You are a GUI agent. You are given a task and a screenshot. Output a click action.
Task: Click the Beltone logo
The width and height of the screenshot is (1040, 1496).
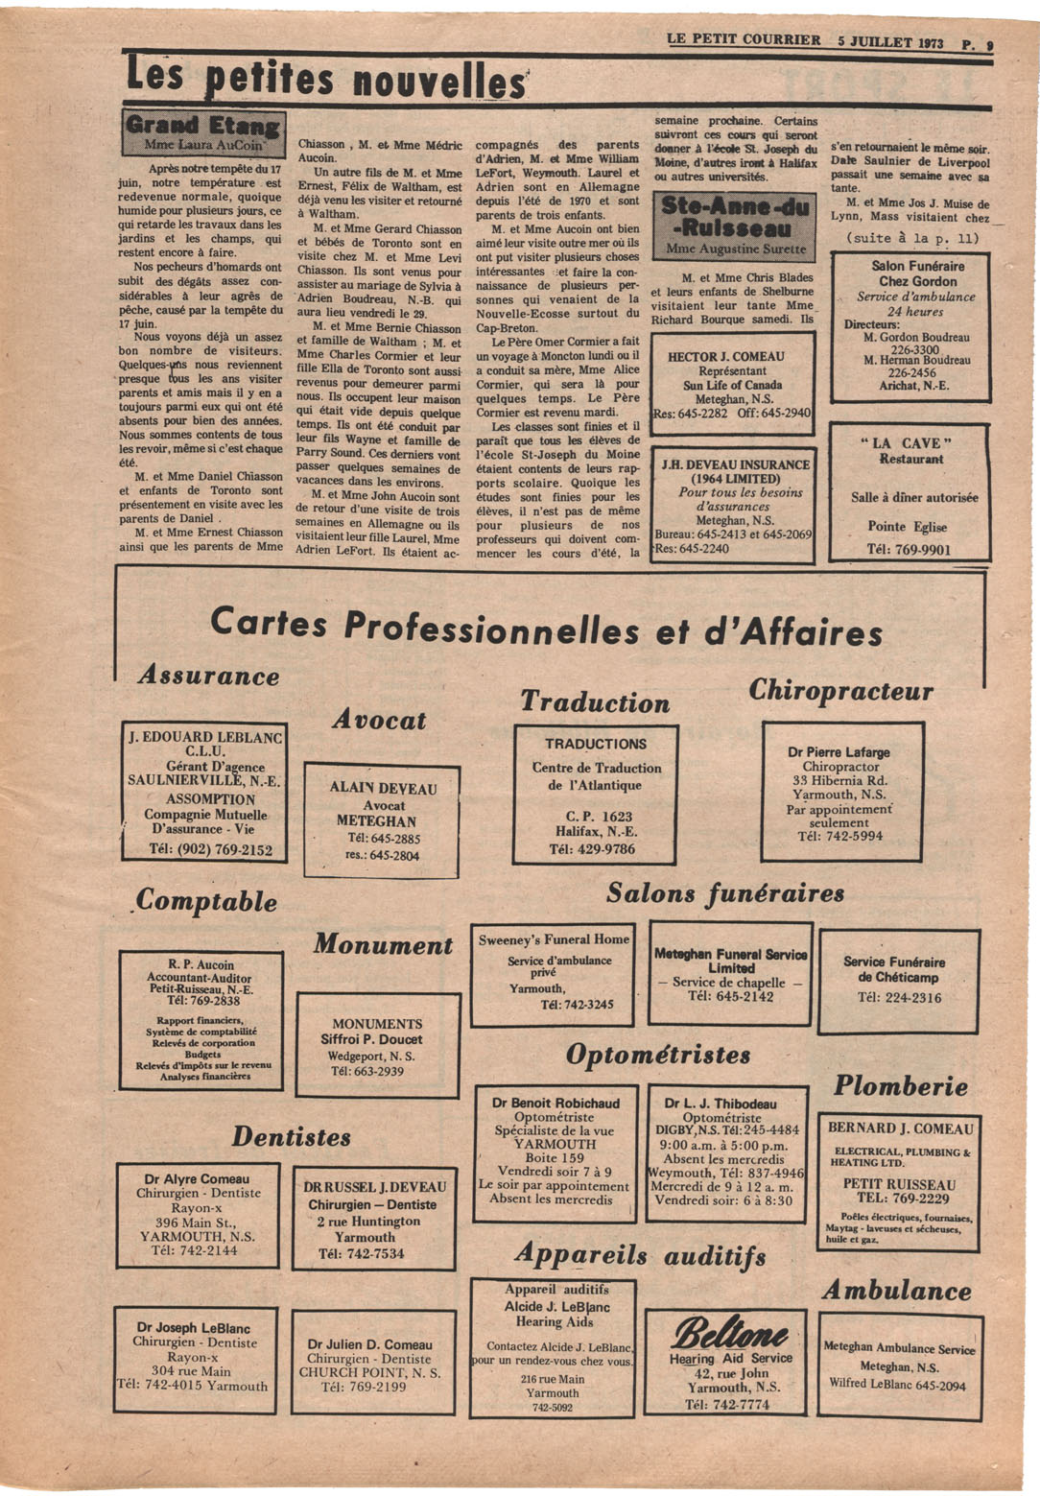730,1333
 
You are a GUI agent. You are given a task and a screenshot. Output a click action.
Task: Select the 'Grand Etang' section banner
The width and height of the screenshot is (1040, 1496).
202,126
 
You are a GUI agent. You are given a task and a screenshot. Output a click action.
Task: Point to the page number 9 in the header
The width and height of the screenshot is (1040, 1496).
988,43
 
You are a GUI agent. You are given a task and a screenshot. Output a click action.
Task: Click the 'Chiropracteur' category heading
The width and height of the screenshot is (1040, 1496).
840,691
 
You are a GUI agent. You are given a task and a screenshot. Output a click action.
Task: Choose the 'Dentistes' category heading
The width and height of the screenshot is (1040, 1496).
291,1137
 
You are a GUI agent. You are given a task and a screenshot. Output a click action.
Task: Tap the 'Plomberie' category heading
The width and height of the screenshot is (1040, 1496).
900,1086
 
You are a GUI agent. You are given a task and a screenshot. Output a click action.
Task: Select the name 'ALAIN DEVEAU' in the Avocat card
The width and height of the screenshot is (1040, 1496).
383,788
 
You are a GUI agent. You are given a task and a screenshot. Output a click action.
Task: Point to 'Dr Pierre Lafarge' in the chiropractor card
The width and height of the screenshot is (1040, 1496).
839,752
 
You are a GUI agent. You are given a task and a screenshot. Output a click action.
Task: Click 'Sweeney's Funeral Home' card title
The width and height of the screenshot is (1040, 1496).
555,939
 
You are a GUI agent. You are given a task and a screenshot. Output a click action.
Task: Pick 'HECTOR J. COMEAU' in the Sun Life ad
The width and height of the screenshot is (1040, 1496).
725,357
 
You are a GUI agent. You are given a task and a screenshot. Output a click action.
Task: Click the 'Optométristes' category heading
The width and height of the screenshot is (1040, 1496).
658,1056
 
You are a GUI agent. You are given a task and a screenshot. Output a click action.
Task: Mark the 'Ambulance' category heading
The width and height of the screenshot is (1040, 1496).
896,1291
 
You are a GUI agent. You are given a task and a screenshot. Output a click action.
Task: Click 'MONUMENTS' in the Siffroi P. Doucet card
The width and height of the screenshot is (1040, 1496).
377,1024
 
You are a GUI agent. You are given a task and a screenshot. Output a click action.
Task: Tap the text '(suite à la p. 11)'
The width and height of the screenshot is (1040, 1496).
912,238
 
